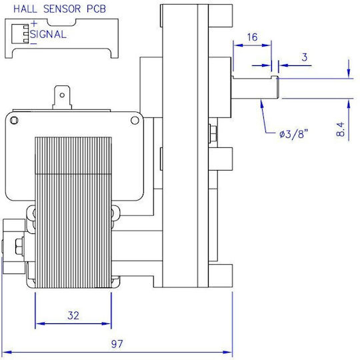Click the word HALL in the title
[x=25, y=9]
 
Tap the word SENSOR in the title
[x=62, y=9]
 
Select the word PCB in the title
[x=96, y=9]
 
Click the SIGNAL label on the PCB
[x=48, y=35]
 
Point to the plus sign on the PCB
[x=34, y=23]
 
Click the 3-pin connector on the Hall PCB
[x=21, y=34]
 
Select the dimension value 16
[x=252, y=37]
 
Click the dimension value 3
[x=305, y=57]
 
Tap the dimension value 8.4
[x=341, y=129]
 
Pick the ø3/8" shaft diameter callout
[x=293, y=133]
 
